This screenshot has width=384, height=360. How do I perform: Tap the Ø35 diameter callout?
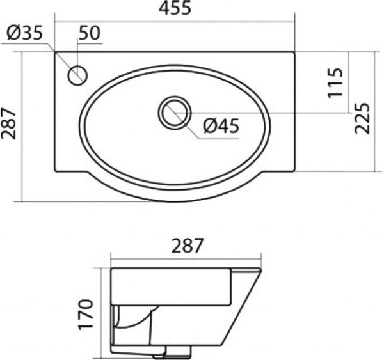(24, 33)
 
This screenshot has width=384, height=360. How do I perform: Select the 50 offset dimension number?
(90, 33)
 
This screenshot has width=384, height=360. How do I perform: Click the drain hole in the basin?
(175, 113)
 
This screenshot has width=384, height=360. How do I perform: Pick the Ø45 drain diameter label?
(221, 126)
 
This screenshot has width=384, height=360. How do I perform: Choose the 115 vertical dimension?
(335, 82)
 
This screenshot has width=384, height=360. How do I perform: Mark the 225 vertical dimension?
(362, 118)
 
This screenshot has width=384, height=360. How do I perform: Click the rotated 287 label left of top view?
(8, 123)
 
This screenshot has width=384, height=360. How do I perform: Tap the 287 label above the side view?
(188, 246)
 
